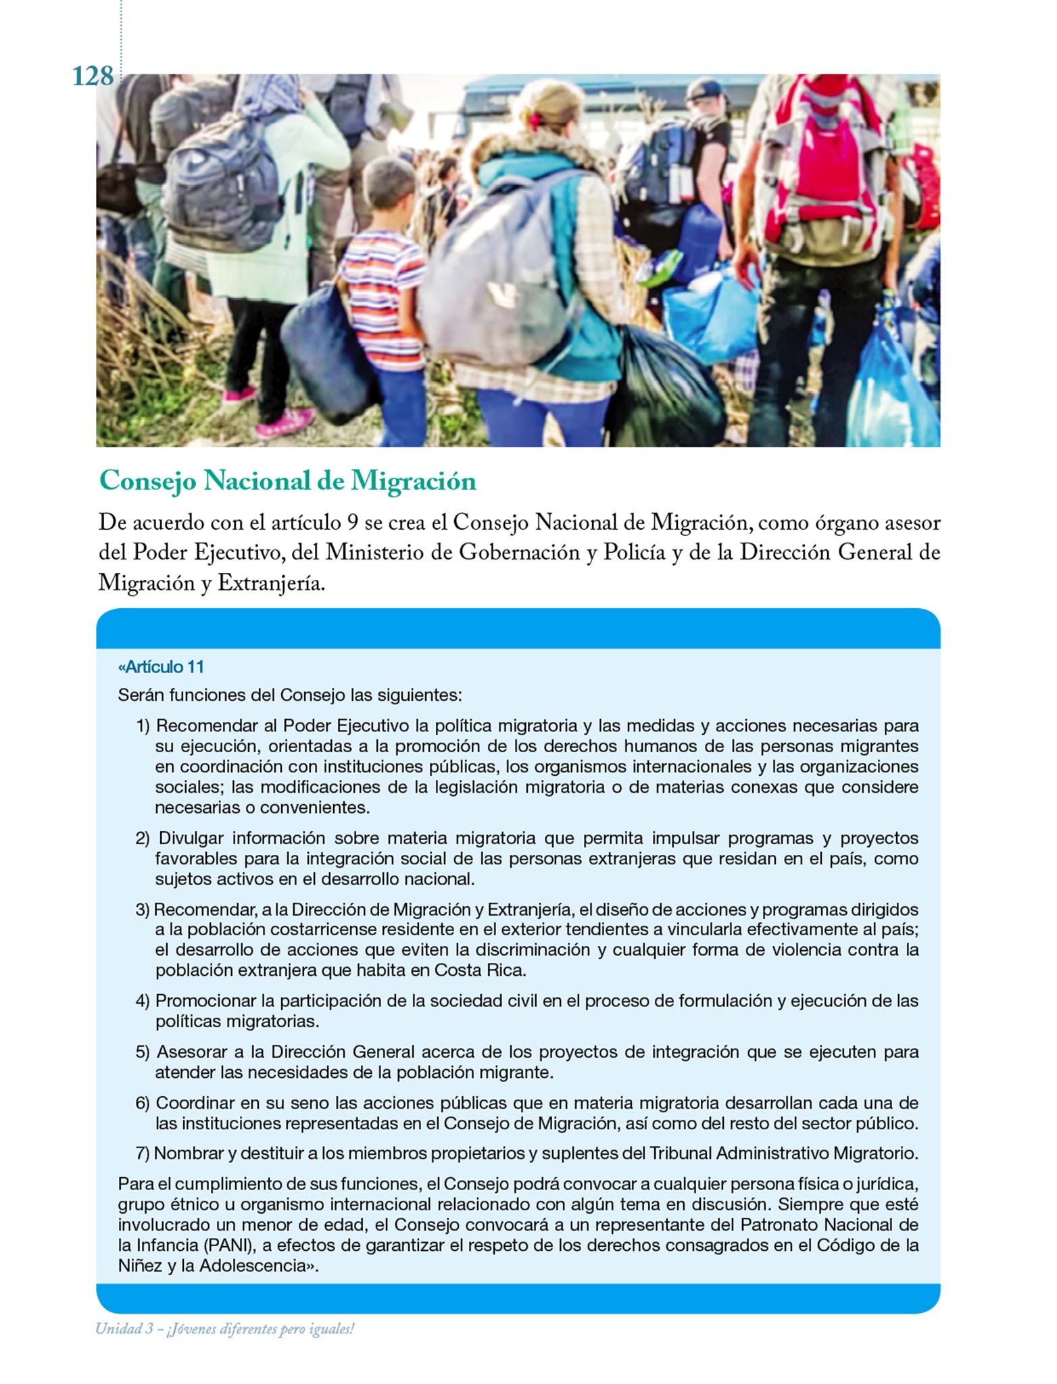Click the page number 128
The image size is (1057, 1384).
[93, 76]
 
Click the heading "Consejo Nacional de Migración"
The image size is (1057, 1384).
[287, 481]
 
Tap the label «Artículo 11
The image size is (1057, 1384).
[161, 667]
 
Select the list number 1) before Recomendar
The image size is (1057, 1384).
[143, 726]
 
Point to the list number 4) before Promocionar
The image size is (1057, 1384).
[143, 1001]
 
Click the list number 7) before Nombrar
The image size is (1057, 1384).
[143, 1154]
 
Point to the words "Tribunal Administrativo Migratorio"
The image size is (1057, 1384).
[783, 1154]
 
